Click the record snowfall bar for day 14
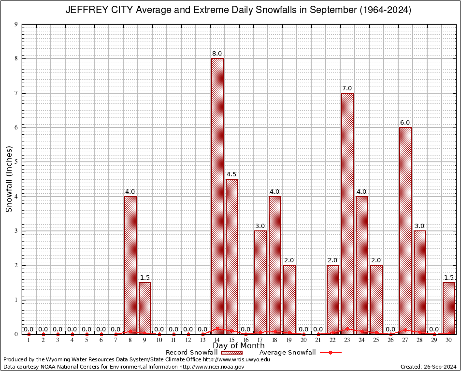(x=217, y=196)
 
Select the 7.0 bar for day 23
(x=347, y=213)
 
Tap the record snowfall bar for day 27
(x=405, y=230)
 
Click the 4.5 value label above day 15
(x=231, y=174)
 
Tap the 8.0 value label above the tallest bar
(x=217, y=53)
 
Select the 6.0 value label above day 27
(x=405, y=122)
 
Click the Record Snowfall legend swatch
(x=229, y=352)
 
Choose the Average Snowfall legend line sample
(x=330, y=352)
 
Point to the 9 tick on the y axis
(x=16, y=24)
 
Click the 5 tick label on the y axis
(x=16, y=162)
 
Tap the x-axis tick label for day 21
(x=318, y=341)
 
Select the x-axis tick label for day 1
(x=29, y=341)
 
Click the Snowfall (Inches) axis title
(x=9, y=179)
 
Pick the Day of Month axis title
(x=239, y=345)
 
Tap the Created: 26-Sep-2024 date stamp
(x=428, y=367)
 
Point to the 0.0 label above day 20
(x=303, y=329)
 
